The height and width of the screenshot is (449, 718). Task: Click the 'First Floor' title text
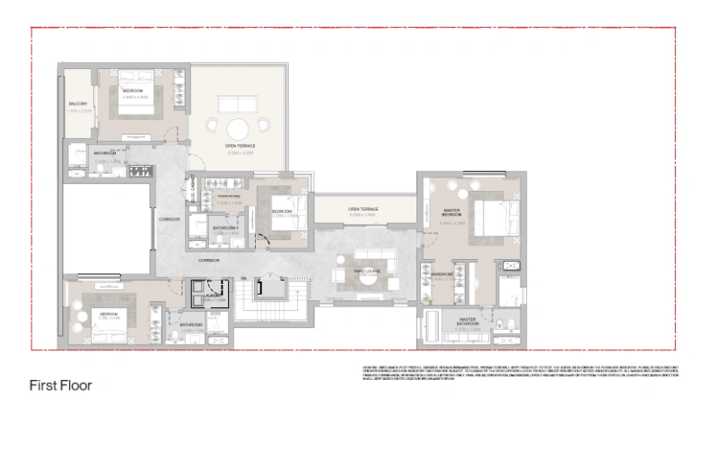point(62,385)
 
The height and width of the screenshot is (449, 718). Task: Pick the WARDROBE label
point(442,274)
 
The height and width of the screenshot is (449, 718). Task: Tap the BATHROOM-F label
point(225,229)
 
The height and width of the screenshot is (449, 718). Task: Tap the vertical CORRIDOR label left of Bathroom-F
point(170,220)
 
